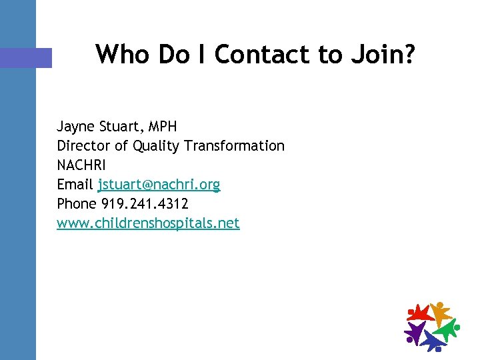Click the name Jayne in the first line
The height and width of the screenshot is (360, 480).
(75, 127)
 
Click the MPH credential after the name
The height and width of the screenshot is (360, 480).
(163, 127)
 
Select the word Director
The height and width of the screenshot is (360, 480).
(85, 145)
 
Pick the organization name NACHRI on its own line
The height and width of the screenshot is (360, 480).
(81, 165)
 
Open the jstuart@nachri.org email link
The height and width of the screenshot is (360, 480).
(159, 184)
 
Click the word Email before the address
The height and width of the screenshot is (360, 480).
(75, 184)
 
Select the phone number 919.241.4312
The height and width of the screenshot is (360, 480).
(145, 203)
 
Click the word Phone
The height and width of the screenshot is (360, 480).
(77, 203)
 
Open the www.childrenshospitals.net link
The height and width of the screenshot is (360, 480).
(148, 223)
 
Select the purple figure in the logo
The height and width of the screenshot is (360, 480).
(415, 331)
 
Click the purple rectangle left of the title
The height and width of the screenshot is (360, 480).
(26, 57)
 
